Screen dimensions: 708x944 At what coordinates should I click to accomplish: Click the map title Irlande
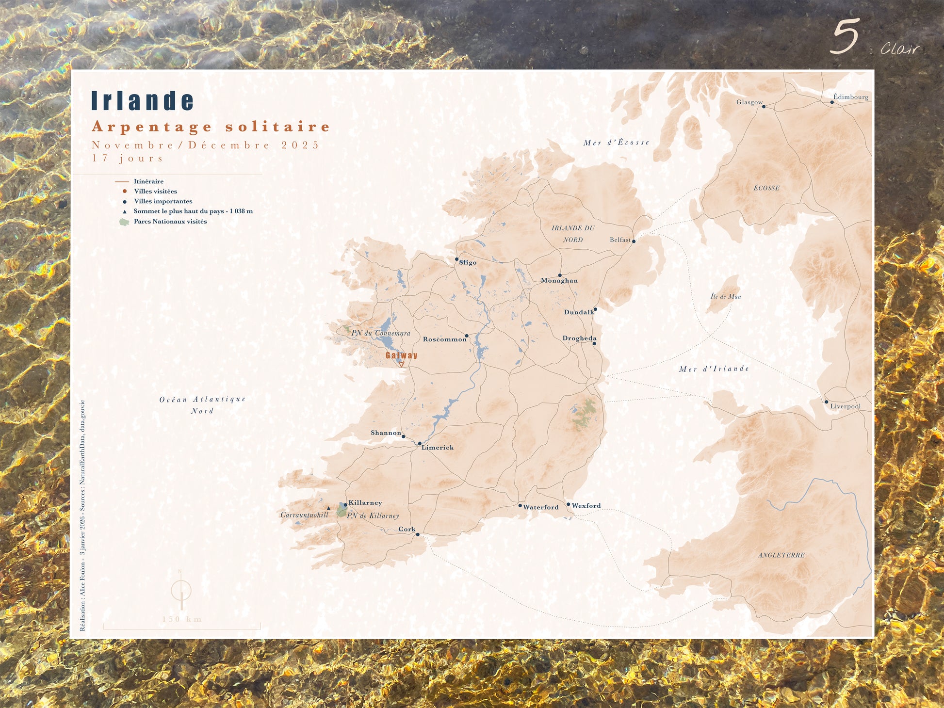(x=143, y=101)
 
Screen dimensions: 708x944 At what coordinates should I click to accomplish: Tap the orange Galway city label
(x=401, y=355)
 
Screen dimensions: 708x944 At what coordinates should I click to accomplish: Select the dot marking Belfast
(x=634, y=241)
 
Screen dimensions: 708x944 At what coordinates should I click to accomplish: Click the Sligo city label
(x=468, y=263)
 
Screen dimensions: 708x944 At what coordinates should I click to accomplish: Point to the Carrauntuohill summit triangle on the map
(x=329, y=508)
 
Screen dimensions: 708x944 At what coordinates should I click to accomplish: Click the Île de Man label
(x=726, y=296)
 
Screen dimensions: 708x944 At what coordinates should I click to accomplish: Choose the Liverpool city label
(x=845, y=406)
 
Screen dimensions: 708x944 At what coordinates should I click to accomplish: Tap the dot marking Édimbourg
(x=832, y=102)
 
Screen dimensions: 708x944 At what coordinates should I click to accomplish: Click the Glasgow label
(x=749, y=102)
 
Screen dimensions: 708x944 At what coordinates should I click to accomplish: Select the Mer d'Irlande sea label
(x=714, y=369)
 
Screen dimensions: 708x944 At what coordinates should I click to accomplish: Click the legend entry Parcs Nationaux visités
(x=170, y=222)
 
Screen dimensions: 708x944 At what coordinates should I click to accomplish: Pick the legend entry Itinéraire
(x=148, y=181)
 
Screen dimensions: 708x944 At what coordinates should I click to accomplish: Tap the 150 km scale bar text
(x=182, y=619)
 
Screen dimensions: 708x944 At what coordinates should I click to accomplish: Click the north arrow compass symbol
(x=181, y=591)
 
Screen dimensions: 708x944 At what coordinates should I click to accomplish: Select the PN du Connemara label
(x=381, y=333)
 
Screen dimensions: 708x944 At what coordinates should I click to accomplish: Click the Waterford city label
(x=540, y=507)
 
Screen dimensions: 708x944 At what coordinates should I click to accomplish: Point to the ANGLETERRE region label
(x=781, y=555)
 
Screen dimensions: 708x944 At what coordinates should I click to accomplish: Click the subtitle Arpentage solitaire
(x=211, y=127)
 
